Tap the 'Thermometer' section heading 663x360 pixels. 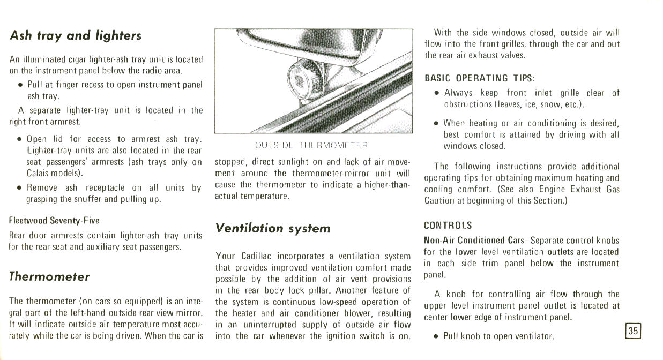tap(49, 276)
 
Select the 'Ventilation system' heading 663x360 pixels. tap(273, 228)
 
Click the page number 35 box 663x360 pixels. tap(633, 331)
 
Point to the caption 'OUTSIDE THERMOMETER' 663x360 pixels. tap(311, 145)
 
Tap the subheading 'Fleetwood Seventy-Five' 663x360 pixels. tap(54, 221)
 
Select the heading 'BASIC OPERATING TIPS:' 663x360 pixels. tap(480, 78)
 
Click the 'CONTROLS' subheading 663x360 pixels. tap(448, 226)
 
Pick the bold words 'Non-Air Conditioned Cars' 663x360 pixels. tap(465, 240)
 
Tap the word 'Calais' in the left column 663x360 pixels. tap(38, 174)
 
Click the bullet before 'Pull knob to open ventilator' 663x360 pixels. tap(436, 337)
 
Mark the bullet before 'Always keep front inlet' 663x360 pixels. tap(437, 93)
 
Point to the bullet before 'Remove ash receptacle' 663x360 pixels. tap(19, 188)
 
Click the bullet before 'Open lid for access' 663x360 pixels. tap(19, 139)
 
